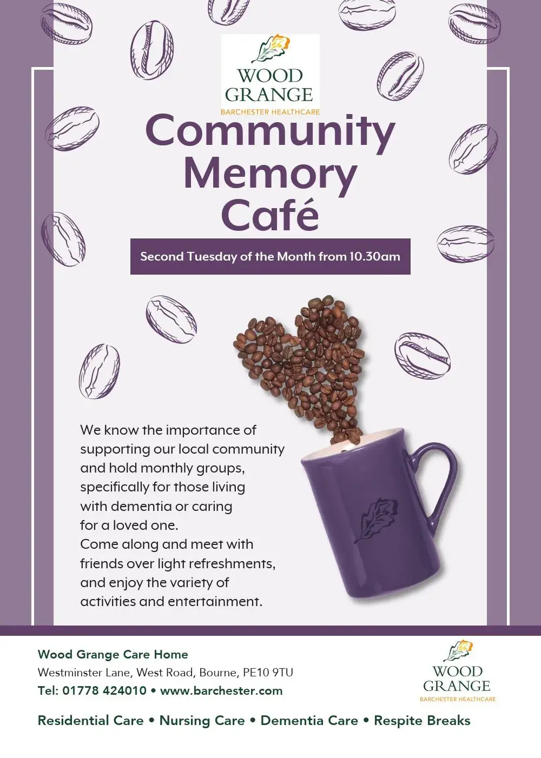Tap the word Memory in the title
point(270,175)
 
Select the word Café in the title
point(270,214)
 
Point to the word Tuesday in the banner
point(212,256)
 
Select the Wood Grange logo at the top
point(270,75)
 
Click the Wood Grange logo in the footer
point(457,671)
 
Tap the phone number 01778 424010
point(104,690)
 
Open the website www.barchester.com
point(221,690)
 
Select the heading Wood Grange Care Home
point(113,654)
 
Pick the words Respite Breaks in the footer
point(422,721)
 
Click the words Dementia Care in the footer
point(309,721)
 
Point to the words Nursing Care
point(202,721)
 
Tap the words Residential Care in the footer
point(90,721)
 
